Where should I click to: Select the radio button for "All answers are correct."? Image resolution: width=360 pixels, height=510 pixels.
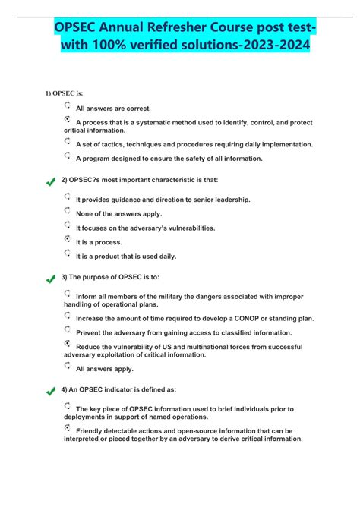68,105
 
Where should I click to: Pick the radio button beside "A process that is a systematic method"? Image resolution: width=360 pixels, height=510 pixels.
68,120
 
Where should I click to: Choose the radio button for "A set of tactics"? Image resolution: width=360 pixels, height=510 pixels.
68,141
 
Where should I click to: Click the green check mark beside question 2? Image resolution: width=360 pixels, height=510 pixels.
51,181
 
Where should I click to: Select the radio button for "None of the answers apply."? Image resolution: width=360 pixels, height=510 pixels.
68,210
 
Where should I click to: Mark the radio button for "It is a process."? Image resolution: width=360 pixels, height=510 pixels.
68,239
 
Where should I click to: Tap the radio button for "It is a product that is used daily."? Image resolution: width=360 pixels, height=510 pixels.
68,253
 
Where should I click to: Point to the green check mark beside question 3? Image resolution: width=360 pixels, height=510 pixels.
51,279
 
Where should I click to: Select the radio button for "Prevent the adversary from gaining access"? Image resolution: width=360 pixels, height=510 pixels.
68,329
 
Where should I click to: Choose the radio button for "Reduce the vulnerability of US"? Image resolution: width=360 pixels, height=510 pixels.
68,344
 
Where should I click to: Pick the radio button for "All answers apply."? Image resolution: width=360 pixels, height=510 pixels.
68,365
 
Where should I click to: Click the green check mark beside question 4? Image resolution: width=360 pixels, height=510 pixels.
51,391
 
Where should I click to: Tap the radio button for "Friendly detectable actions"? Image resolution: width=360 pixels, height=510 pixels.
68,428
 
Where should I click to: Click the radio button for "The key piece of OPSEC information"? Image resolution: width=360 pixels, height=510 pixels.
68,407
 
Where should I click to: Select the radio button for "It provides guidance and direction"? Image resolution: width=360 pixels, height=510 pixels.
68,196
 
